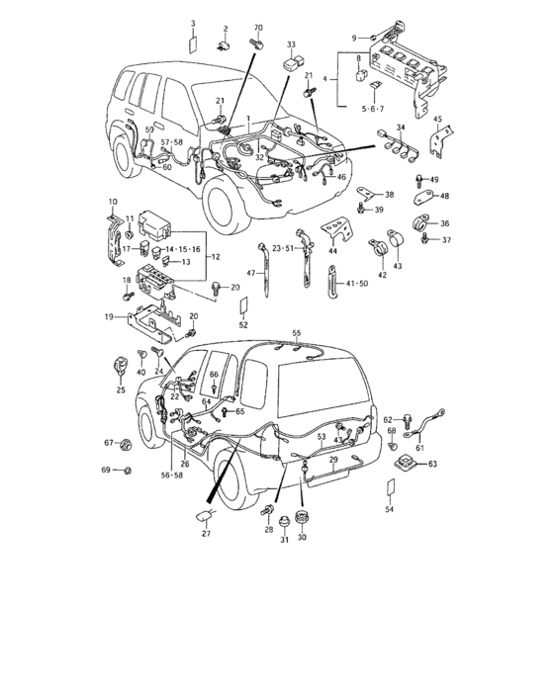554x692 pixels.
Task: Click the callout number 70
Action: [258, 29]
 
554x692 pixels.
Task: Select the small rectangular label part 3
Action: [193, 43]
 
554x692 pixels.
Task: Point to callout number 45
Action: [437, 120]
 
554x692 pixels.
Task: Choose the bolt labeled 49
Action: [420, 182]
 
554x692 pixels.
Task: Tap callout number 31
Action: [283, 539]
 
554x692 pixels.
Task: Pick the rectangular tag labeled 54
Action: [389, 489]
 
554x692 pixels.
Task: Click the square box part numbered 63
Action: [403, 461]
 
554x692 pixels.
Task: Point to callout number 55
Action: [295, 334]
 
